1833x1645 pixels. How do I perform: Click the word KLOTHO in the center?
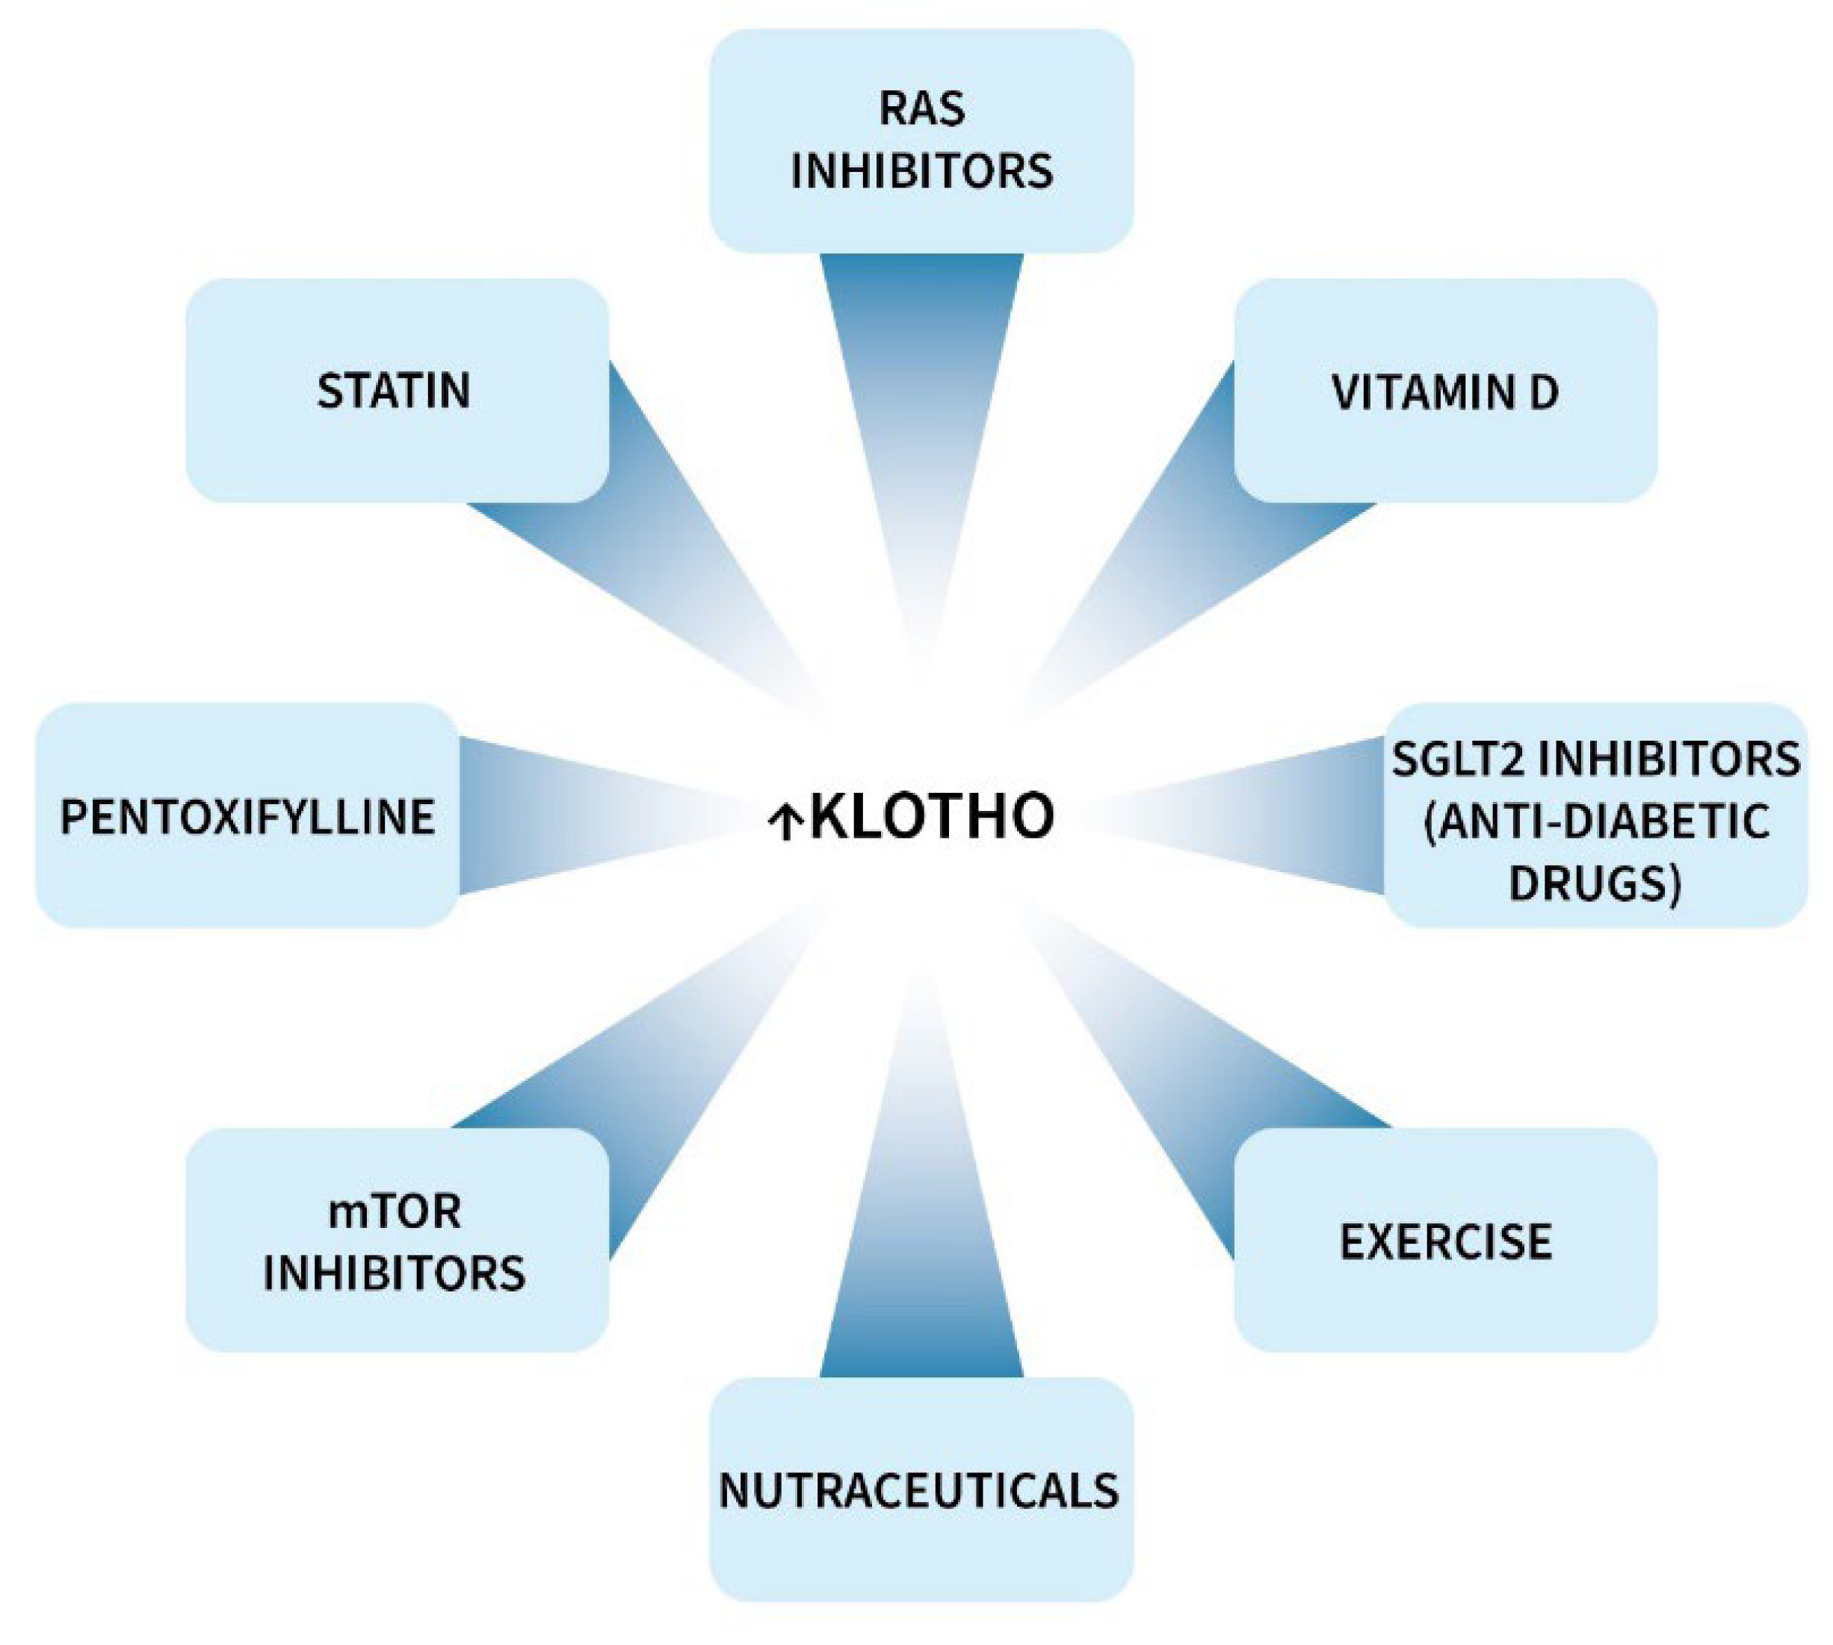pos(931,816)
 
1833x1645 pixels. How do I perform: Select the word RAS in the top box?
pos(922,108)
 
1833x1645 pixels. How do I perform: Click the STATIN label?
pos(394,390)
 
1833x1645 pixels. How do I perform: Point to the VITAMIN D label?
pos(1444,392)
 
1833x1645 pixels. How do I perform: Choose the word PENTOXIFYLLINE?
pos(247,817)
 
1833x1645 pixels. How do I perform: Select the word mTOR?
pos(394,1212)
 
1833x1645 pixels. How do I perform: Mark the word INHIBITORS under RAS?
pos(922,172)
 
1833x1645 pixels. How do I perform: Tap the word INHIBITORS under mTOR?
pos(394,1274)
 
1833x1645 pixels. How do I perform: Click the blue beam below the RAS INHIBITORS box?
pos(922,362)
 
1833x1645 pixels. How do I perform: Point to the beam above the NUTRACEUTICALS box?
pos(922,1265)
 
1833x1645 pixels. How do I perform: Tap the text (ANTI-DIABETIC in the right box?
pos(1596,821)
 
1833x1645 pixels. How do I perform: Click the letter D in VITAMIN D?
pos(1545,392)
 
